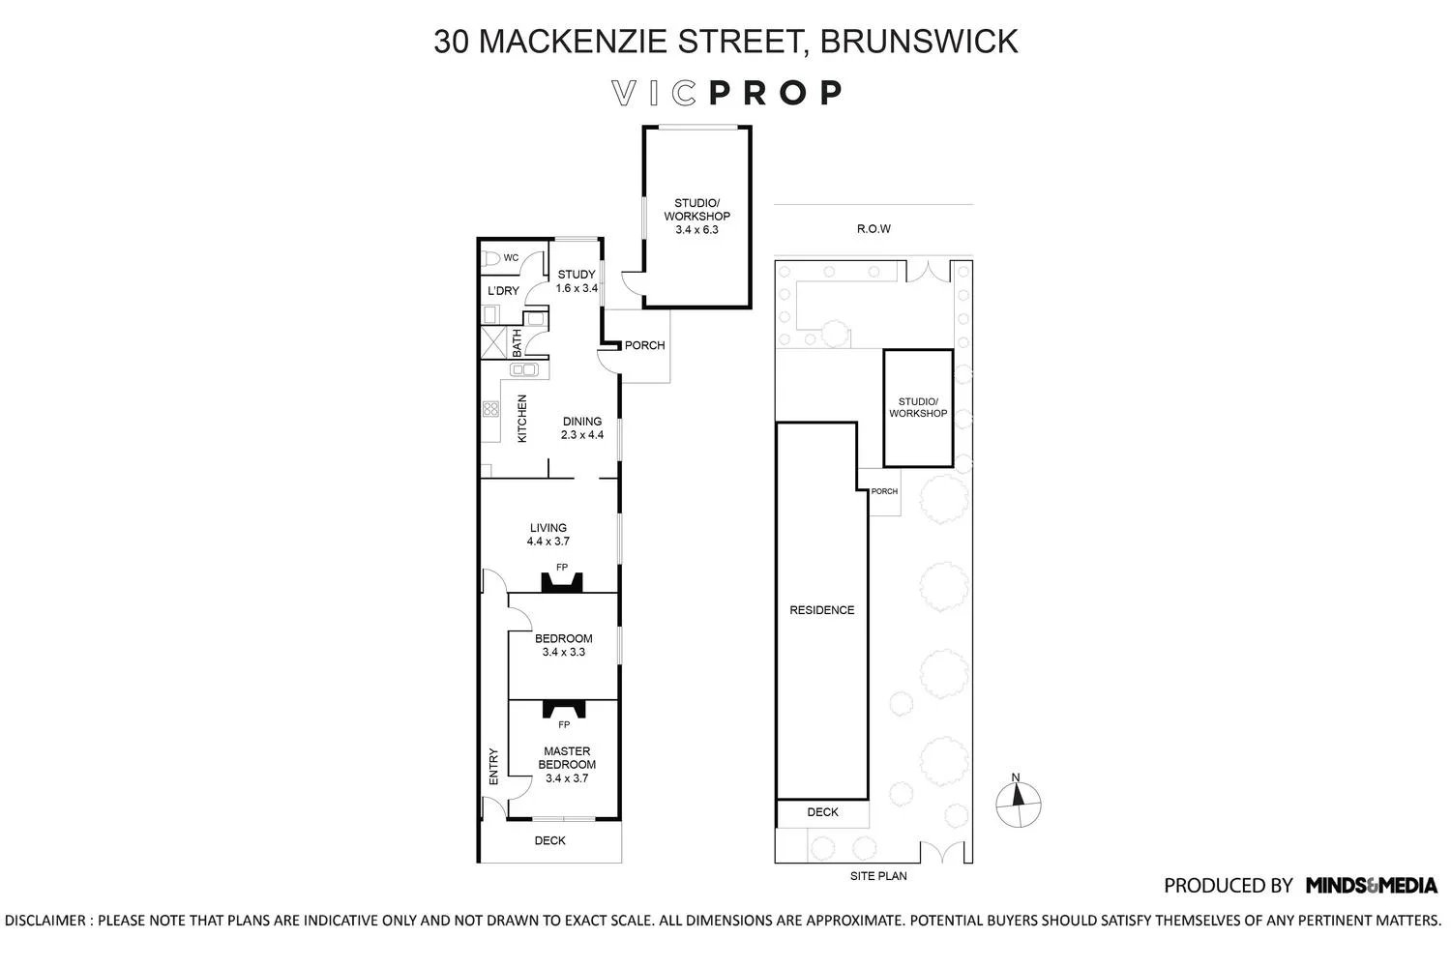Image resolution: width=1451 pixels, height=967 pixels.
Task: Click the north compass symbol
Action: coord(1019,805)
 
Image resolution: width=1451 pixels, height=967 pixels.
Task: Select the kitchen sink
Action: coord(524,369)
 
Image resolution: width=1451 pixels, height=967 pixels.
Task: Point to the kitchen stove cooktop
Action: coord(490,409)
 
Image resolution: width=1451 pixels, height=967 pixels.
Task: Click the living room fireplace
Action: coord(562,582)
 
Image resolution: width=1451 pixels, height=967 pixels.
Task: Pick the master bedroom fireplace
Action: coord(564,709)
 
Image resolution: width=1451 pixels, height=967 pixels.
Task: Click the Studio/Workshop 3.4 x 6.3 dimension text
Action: coord(696,230)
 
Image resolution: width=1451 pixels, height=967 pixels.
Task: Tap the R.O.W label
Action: coord(874,228)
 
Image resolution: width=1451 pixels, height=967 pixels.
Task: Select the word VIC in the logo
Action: coord(654,93)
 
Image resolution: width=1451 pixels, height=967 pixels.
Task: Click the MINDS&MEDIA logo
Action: coord(1372,886)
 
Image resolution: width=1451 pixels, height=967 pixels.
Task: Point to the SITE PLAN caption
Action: coord(878,876)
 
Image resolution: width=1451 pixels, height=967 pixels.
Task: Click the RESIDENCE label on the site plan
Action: coord(822,610)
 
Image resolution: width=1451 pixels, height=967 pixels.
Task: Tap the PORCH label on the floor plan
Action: coord(644,345)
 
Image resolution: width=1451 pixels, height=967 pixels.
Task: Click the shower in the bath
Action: coord(493,342)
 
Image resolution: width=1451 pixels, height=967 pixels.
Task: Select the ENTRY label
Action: coord(493,767)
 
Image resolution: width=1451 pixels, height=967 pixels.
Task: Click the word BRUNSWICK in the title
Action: coord(919,42)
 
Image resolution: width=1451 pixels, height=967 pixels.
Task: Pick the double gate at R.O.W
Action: coord(928,271)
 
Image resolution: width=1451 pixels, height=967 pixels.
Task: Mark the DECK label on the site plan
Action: coord(822,812)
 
